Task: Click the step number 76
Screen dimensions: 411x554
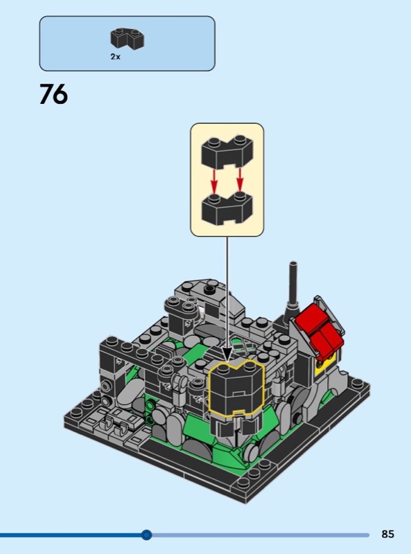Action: click(x=53, y=94)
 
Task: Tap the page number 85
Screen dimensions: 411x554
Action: click(x=387, y=533)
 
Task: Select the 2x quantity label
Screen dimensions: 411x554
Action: click(x=115, y=57)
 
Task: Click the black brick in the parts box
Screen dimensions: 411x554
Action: click(x=128, y=39)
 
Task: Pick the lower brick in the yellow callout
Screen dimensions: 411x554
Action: click(x=227, y=208)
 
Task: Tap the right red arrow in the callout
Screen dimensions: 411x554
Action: click(x=241, y=180)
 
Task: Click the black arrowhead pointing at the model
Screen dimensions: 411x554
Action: click(x=227, y=353)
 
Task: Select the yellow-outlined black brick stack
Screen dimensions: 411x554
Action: click(x=236, y=388)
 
